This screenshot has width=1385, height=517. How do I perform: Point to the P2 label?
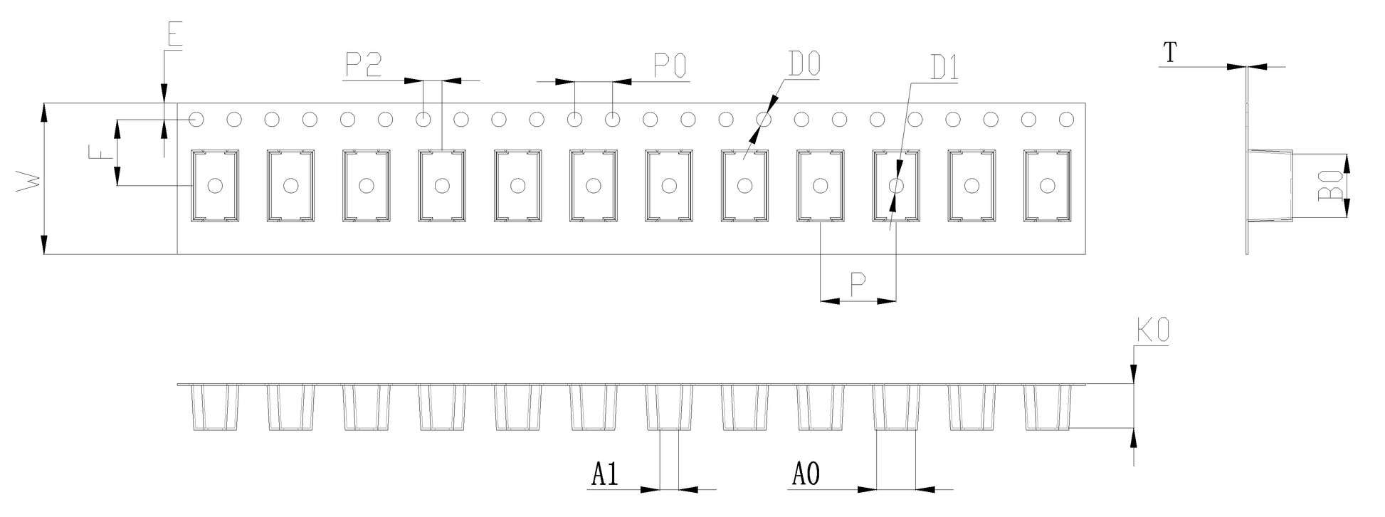[x=364, y=66]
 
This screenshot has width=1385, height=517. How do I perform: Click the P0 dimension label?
[x=670, y=66]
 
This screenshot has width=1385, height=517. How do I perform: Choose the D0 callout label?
[x=804, y=65]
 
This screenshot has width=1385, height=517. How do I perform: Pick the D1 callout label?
[x=944, y=68]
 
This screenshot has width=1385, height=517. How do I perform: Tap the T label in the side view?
[x=1170, y=52]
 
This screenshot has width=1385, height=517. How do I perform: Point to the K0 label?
[x=1152, y=333]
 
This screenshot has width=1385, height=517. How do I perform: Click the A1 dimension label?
[x=605, y=474]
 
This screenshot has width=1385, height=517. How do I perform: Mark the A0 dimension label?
[x=806, y=474]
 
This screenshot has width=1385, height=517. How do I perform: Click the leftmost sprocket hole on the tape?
[x=196, y=120]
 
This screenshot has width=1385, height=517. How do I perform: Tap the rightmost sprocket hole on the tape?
[x=1066, y=120]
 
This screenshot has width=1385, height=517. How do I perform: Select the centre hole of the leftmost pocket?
[x=214, y=186]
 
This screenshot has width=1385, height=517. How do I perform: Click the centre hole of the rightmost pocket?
[x=1047, y=186]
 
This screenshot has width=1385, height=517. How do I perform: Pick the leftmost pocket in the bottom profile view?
[x=214, y=408]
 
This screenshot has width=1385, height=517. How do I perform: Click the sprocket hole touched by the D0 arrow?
[x=764, y=120]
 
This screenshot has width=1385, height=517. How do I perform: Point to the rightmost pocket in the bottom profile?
[x=1047, y=408]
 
